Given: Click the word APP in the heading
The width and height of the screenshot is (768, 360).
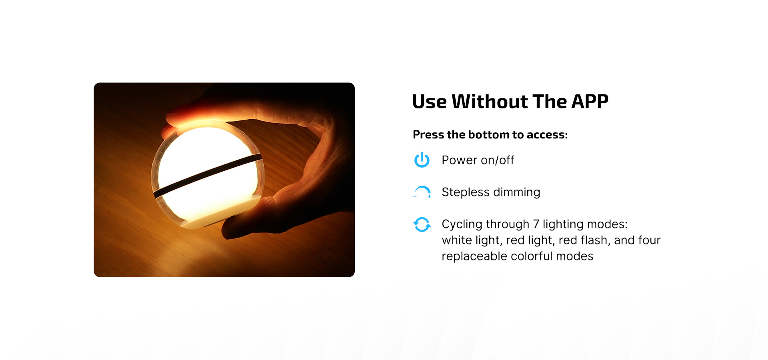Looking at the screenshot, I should click(590, 102).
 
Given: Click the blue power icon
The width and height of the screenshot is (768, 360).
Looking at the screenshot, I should click(422, 160).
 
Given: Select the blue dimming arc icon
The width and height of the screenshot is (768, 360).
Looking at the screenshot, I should click(422, 192).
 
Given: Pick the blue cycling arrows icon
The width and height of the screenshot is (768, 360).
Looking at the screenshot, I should click(422, 224).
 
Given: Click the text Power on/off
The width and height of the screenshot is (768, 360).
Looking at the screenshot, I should click(478, 160).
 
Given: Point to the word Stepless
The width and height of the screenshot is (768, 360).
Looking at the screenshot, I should click(465, 192).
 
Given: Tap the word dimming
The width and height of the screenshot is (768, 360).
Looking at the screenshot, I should click(516, 192).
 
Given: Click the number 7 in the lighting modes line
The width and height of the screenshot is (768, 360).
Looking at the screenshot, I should click(536, 224).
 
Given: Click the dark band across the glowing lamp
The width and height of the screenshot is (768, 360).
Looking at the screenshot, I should click(208, 175).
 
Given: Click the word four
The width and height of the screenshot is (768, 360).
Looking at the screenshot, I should click(649, 240).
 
